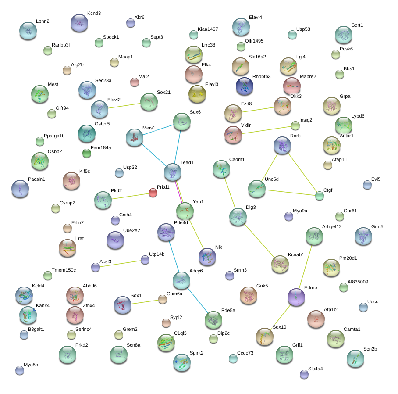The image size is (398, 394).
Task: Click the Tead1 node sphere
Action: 173,172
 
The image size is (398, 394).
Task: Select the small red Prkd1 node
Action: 153,193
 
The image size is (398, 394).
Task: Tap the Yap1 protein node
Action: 185,211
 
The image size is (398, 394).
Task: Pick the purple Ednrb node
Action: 296,297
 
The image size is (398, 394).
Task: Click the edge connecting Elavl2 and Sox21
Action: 124,105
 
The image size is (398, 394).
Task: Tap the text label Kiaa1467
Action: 208,29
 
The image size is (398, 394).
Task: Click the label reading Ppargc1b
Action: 54,136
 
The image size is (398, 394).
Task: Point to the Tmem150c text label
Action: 64,270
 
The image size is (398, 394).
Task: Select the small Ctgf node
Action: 320,196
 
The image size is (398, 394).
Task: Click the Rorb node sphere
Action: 282,145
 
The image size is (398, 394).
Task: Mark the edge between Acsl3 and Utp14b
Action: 121,263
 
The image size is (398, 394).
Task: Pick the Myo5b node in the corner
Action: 20,370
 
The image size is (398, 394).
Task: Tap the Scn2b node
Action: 355,358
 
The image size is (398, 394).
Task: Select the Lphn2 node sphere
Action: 28,31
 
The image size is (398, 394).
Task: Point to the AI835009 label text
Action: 358,282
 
